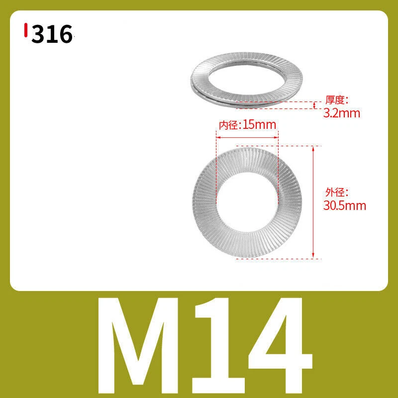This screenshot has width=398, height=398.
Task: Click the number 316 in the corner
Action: pos(52,34)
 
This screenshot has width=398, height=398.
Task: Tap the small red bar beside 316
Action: pos(26,30)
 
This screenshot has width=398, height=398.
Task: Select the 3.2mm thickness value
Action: pos(342,113)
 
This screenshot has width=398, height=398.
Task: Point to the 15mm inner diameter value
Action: pos(259,125)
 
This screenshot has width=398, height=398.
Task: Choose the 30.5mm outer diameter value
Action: pos(344,205)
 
